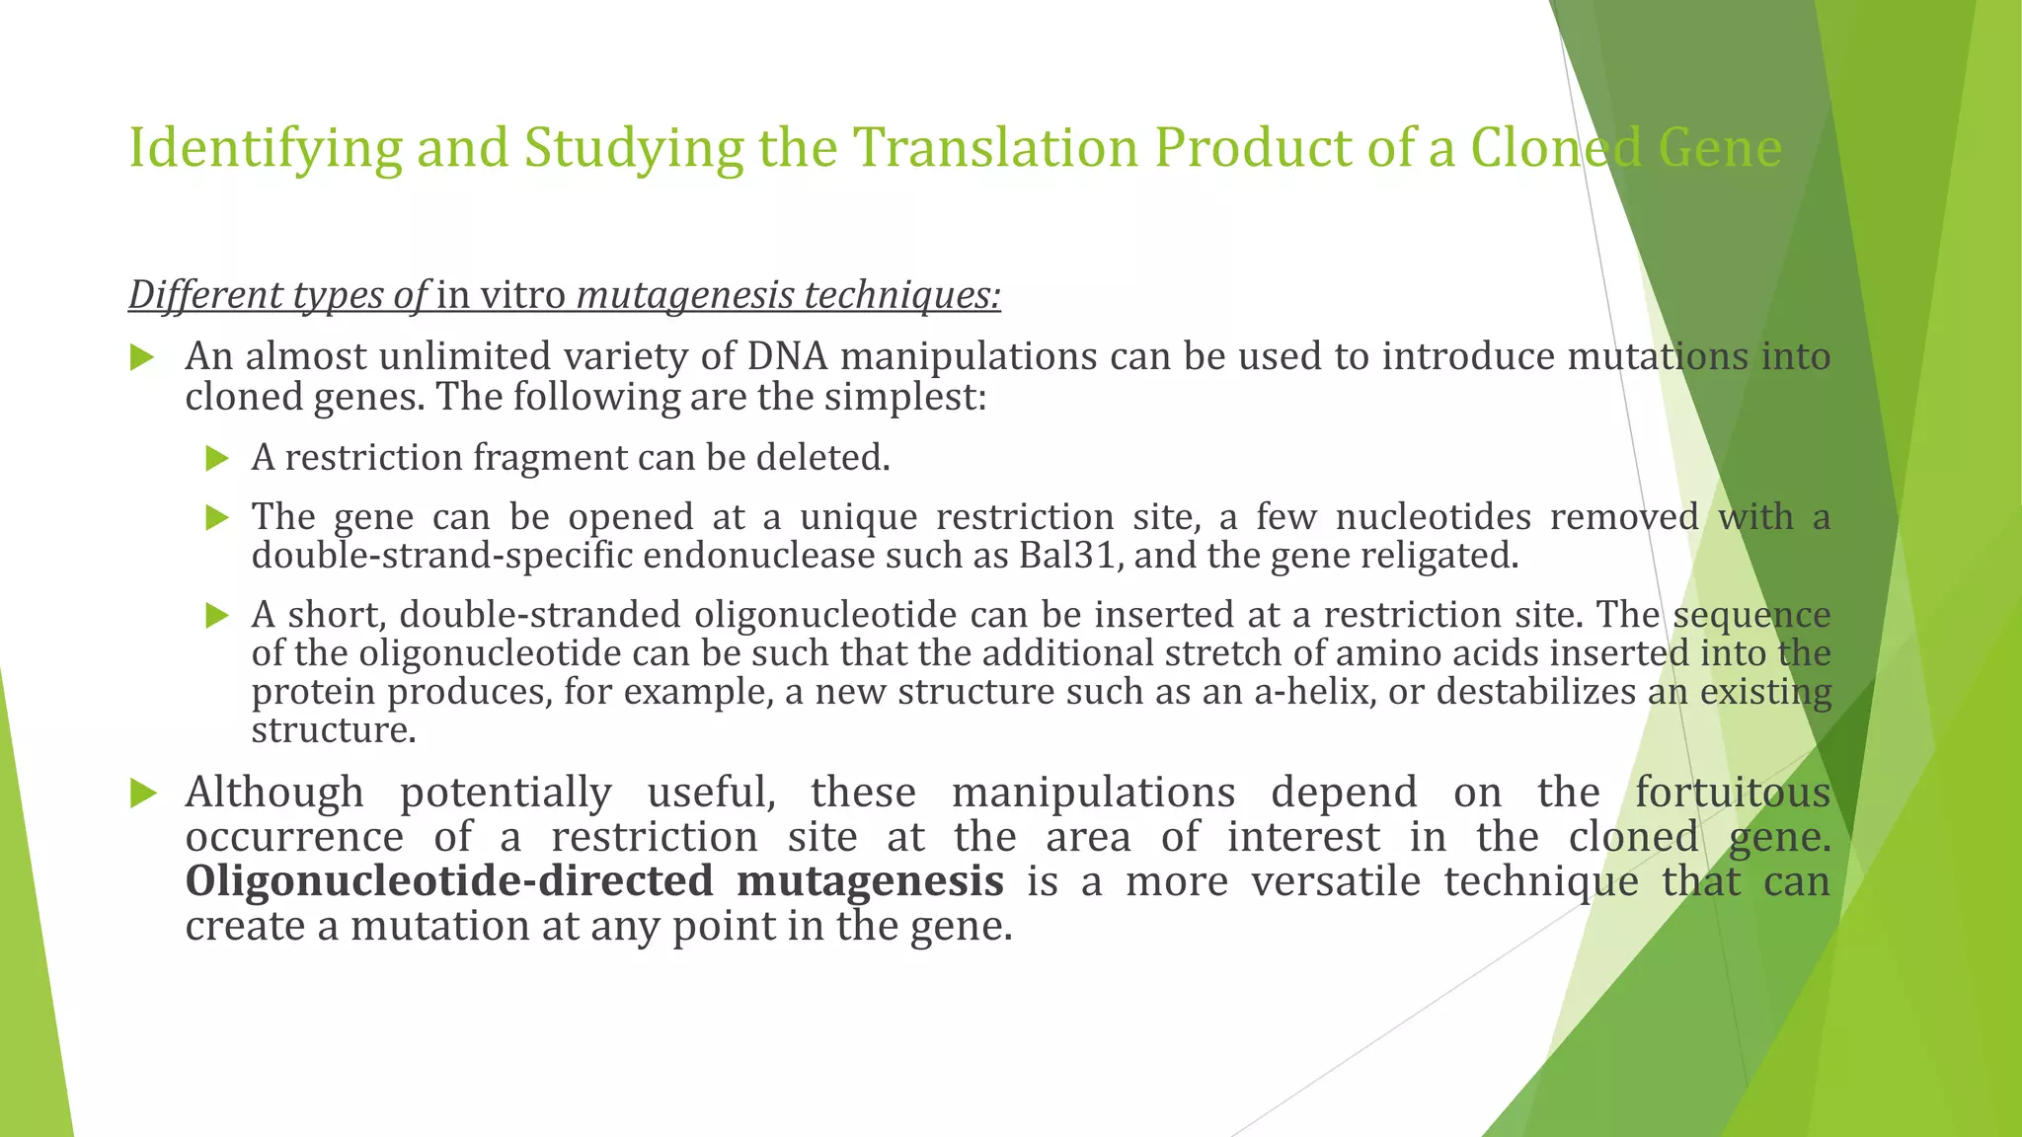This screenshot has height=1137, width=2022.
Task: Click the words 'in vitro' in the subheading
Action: click(x=501, y=295)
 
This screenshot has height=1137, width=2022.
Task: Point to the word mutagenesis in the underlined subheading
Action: click(x=685, y=296)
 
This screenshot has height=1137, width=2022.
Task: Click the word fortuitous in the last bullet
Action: click(x=1733, y=793)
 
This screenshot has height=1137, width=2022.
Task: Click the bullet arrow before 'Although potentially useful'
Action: click(x=143, y=793)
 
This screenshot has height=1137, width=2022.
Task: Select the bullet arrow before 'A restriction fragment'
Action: click(x=217, y=458)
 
